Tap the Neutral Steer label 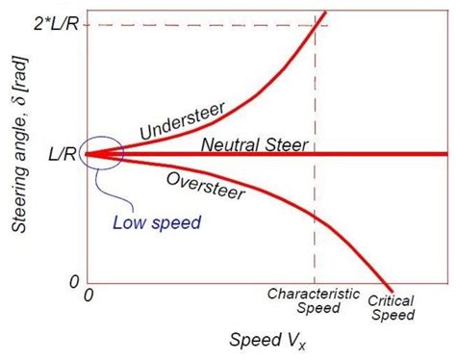click(253, 145)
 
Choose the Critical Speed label click(391, 306)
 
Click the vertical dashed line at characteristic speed click(315, 193)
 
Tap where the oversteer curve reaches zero click(391, 288)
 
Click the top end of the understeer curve click(326, 12)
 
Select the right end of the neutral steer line click(446, 154)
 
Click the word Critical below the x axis click(391, 300)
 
